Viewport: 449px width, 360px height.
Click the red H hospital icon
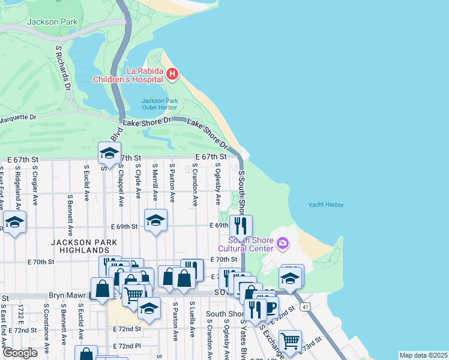click(172, 74)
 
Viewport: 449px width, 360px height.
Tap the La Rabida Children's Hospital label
click(128, 75)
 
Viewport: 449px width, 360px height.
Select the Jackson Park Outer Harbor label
click(159, 104)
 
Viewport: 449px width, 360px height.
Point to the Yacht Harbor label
click(326, 205)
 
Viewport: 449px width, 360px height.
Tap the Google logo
click(20, 353)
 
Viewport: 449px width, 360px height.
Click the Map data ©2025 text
click(423, 355)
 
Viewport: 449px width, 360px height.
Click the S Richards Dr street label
click(63, 67)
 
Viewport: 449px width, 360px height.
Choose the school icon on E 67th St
click(109, 154)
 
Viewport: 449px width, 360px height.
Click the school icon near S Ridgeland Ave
click(14, 223)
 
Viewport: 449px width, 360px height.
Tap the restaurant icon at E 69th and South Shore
click(241, 226)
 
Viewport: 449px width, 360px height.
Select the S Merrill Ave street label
click(154, 182)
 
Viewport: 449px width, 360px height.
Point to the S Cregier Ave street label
click(35, 183)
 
